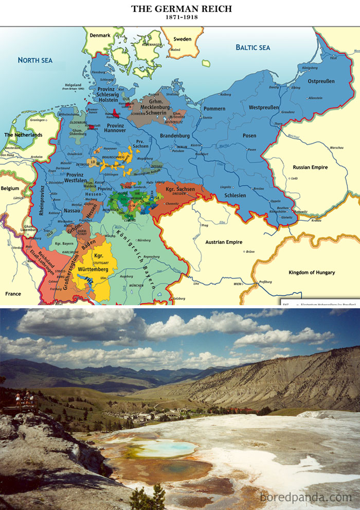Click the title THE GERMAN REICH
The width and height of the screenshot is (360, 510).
tap(181, 9)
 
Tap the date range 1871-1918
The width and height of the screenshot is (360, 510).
tap(181, 17)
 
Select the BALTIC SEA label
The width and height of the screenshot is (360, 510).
tap(253, 47)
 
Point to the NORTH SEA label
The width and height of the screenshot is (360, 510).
tap(35, 60)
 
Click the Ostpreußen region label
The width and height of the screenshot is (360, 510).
tap(321, 81)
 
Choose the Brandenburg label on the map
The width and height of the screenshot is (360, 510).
tap(175, 135)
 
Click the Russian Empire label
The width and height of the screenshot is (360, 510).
tap(310, 167)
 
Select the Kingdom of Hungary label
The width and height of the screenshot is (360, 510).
tap(311, 272)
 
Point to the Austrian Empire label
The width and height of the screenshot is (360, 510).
tap(223, 242)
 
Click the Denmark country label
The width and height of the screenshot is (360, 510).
tap(100, 36)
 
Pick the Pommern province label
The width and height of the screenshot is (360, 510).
tap(214, 109)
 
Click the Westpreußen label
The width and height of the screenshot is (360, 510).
tap(263, 108)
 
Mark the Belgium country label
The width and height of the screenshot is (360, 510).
tap(9, 188)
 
